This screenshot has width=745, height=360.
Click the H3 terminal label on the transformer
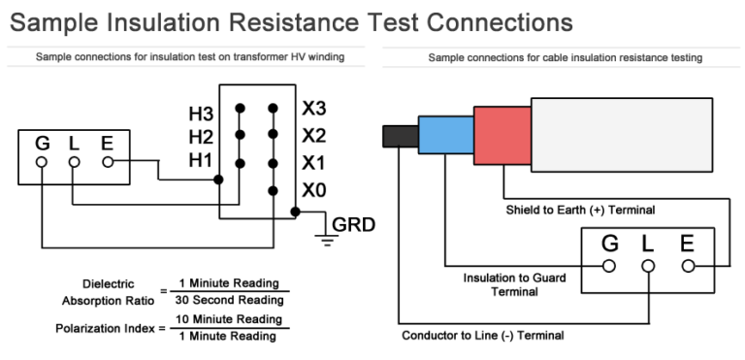click(201, 114)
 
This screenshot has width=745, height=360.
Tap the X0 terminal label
click(313, 189)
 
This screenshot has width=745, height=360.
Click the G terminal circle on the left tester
click(42, 163)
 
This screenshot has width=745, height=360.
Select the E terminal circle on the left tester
click(107, 163)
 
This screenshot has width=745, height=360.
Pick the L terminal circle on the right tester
click(649, 265)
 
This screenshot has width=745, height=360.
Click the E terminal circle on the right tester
click(688, 265)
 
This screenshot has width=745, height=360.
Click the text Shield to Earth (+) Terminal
click(580, 209)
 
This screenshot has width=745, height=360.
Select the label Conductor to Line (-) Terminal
click(482, 336)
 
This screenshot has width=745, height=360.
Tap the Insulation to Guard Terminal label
click(514, 284)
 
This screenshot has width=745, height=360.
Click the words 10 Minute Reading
click(224, 318)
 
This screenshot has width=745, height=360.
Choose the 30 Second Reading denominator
click(224, 300)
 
